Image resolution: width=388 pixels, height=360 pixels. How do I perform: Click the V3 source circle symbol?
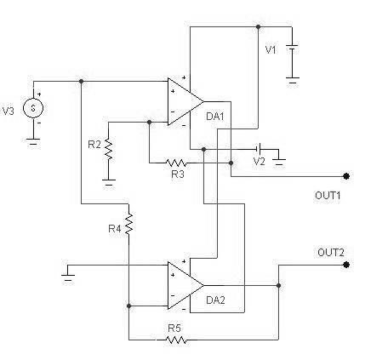[33, 108]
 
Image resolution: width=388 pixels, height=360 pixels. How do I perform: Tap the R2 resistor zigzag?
[108, 149]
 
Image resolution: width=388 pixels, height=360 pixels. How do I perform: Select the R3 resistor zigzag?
[176, 163]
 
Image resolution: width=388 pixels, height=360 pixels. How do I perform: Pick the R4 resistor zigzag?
[128, 224]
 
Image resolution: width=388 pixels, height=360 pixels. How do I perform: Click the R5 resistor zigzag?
[176, 340]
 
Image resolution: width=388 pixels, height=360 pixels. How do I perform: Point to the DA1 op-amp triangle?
[185, 101]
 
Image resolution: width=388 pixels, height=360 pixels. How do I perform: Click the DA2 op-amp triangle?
[185, 285]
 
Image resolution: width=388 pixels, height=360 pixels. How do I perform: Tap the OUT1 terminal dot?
[346, 176]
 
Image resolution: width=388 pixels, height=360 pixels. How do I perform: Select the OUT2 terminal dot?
[346, 265]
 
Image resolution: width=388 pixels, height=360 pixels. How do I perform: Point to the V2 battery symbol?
[259, 149]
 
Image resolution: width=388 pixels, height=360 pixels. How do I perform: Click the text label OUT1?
[328, 195]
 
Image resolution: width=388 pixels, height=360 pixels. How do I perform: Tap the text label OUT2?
[331, 252]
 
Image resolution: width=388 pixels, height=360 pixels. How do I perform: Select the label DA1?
[215, 117]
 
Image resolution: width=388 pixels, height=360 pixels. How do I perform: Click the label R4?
[115, 229]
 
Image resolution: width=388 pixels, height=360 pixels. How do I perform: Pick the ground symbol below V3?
[33, 141]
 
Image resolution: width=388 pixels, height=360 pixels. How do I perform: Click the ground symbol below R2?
[108, 182]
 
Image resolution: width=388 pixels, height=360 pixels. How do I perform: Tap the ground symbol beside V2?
[279, 162]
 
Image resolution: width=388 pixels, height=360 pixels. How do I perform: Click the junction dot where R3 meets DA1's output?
[231, 163]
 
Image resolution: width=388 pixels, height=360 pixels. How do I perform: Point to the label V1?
[271, 50]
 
